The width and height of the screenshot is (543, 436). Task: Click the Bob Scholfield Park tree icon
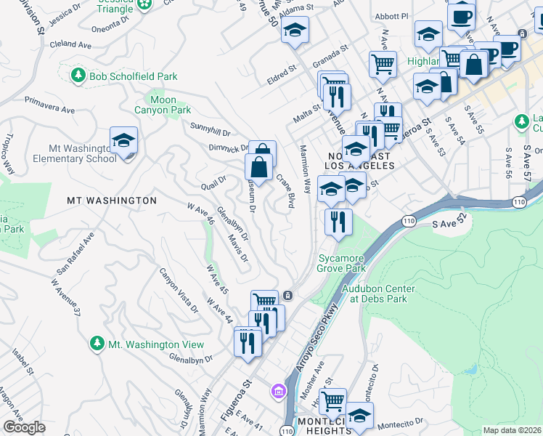(x=78, y=75)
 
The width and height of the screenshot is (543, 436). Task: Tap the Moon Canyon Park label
(x=163, y=105)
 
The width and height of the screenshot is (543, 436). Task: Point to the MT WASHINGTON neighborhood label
(x=111, y=200)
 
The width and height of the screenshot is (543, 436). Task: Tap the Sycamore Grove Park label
(x=341, y=263)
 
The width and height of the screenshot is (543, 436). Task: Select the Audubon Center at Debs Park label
(x=378, y=294)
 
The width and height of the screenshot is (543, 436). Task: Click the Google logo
(x=25, y=427)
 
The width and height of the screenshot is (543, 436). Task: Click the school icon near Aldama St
(x=295, y=31)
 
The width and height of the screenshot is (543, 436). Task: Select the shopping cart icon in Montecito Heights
(x=332, y=400)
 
